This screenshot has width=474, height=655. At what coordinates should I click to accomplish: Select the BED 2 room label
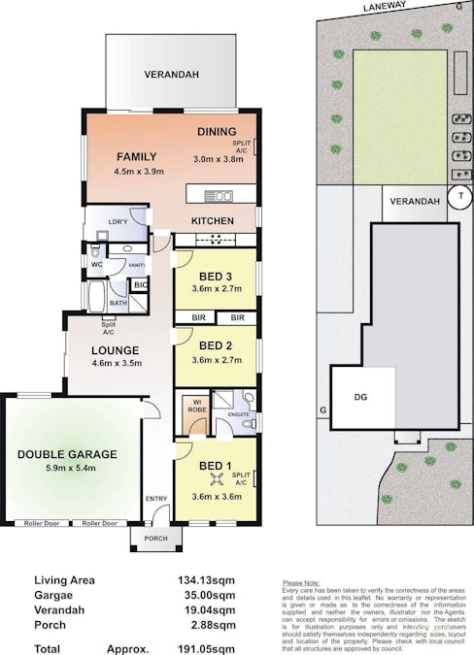pos(215,345)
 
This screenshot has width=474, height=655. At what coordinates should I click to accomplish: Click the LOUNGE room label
pos(116,350)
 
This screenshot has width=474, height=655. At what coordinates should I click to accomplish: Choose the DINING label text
pos(217,133)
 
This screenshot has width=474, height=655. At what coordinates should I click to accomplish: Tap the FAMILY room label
pos(139,156)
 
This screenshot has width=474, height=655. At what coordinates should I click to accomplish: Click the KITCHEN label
pos(212,221)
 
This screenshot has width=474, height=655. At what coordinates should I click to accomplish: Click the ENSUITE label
pos(239,415)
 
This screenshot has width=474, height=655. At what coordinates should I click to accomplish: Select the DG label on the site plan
pos(360,396)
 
